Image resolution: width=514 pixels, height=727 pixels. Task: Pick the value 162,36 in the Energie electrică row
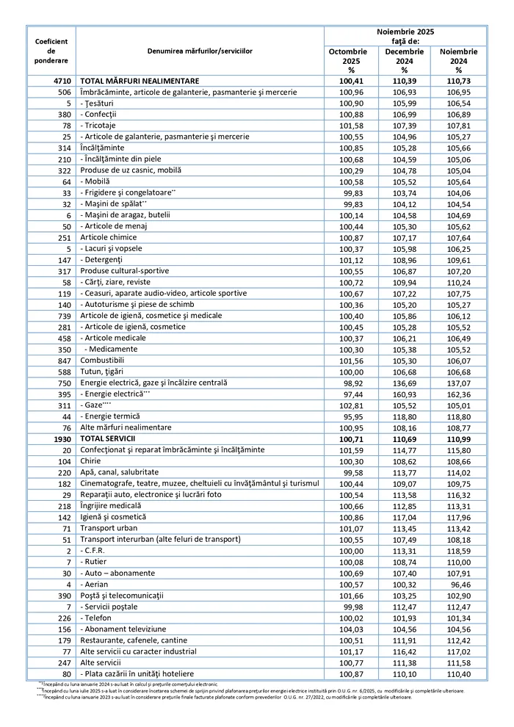[458, 394]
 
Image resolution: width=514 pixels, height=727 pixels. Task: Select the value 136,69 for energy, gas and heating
[405, 383]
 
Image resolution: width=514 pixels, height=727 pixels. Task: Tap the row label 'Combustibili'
[102, 361]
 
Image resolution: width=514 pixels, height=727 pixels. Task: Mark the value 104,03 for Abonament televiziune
[352, 629]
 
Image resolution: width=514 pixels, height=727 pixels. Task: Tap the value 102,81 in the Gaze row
[352, 405]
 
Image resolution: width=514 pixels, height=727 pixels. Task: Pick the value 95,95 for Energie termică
[352, 416]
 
